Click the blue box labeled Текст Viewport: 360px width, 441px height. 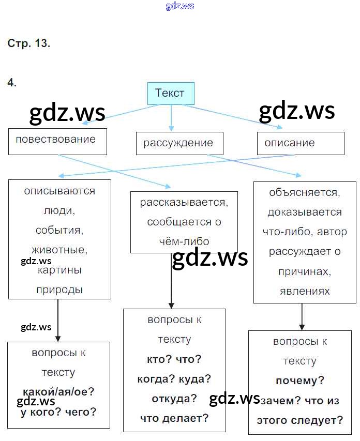(x=170, y=94)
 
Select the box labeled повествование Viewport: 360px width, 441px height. (x=57, y=141)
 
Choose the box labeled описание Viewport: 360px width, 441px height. (x=300, y=143)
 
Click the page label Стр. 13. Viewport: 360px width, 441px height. (x=29, y=43)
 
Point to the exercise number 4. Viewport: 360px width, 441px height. (x=12, y=82)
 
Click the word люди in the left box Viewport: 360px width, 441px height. (x=59, y=210)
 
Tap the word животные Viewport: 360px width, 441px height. (x=59, y=250)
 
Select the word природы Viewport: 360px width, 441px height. (x=59, y=290)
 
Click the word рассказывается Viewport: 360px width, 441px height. (x=184, y=202)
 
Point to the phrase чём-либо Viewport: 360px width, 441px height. (x=184, y=241)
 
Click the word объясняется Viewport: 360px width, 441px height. (x=305, y=193)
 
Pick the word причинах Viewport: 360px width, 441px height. (x=305, y=271)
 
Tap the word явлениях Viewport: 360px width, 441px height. (x=305, y=291)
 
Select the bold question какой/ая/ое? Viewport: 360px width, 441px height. (x=58, y=392)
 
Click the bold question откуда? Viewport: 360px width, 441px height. (x=174, y=399)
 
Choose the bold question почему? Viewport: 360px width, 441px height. (x=300, y=381)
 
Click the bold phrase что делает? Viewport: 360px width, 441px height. (x=174, y=418)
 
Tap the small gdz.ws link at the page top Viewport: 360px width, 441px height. (x=180, y=6)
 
